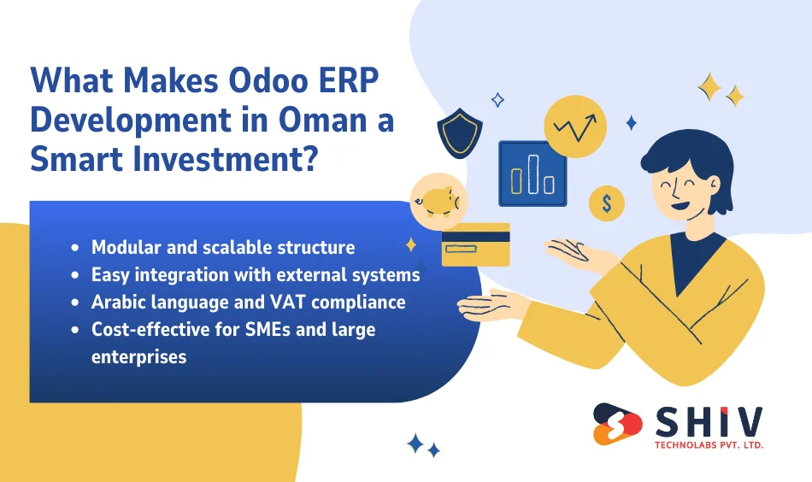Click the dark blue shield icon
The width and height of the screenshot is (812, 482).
[460, 132]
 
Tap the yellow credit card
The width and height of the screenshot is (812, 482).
[475, 244]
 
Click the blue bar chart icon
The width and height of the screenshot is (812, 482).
[533, 173]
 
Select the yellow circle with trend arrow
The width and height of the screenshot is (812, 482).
[575, 127]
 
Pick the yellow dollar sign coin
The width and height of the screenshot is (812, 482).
[606, 203]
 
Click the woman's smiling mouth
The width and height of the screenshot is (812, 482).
[681, 204]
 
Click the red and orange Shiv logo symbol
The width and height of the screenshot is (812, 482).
[617, 424]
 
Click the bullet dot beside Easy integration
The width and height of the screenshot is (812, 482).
[76, 275]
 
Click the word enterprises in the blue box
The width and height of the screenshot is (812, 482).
[138, 356]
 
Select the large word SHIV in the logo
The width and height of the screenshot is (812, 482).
[709, 420]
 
